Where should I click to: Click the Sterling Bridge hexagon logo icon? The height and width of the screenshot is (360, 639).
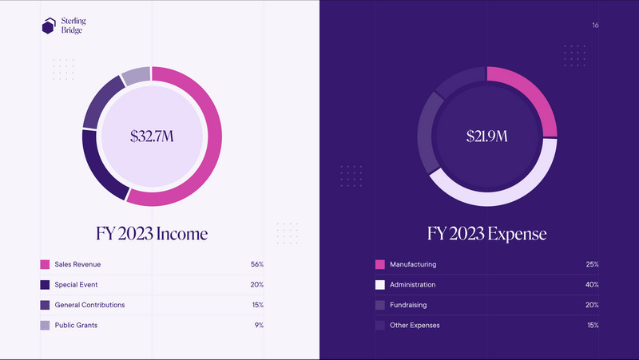(49, 26)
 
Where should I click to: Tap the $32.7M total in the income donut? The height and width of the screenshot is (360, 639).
(152, 136)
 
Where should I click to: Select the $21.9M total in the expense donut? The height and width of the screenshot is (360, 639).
(487, 136)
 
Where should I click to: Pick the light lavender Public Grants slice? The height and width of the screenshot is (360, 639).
(137, 77)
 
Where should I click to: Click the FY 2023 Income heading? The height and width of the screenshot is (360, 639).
(152, 234)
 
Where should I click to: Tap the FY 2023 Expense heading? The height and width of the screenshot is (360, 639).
(487, 234)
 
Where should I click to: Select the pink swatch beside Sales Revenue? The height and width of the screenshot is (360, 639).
(45, 264)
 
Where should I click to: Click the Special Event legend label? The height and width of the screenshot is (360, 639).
(76, 284)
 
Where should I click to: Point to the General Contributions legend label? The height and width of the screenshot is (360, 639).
(89, 305)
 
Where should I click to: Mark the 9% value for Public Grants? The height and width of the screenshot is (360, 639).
(259, 325)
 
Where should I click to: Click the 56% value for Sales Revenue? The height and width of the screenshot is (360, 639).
(256, 264)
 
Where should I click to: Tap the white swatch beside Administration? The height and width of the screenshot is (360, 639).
(380, 284)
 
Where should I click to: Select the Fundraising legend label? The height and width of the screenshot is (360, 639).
(407, 305)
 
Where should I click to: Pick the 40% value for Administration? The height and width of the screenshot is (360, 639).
(592, 284)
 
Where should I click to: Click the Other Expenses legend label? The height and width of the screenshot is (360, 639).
(415, 325)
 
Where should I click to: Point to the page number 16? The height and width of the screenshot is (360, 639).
(595, 26)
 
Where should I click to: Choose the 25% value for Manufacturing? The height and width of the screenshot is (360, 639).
(592, 264)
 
